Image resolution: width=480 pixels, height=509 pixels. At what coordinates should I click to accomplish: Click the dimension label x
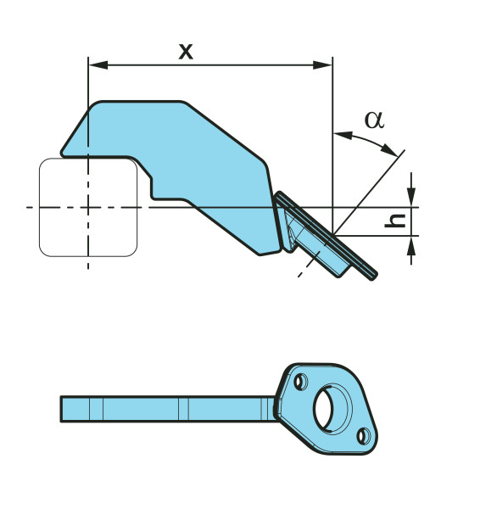(186, 52)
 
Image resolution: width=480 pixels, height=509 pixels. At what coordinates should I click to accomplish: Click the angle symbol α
(375, 120)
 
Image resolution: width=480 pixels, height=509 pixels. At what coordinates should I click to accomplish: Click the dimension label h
(395, 221)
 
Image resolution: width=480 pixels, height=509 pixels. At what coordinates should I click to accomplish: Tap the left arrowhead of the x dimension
(98, 65)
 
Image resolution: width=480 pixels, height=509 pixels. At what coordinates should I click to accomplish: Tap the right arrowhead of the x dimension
(322, 65)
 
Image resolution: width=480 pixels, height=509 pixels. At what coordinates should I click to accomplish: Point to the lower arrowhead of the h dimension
(411, 246)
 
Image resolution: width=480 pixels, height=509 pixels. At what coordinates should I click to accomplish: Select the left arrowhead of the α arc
(343, 135)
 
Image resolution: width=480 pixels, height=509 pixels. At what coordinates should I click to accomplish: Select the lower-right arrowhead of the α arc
(390, 149)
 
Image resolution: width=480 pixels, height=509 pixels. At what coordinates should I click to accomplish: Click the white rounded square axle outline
(40, 207)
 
